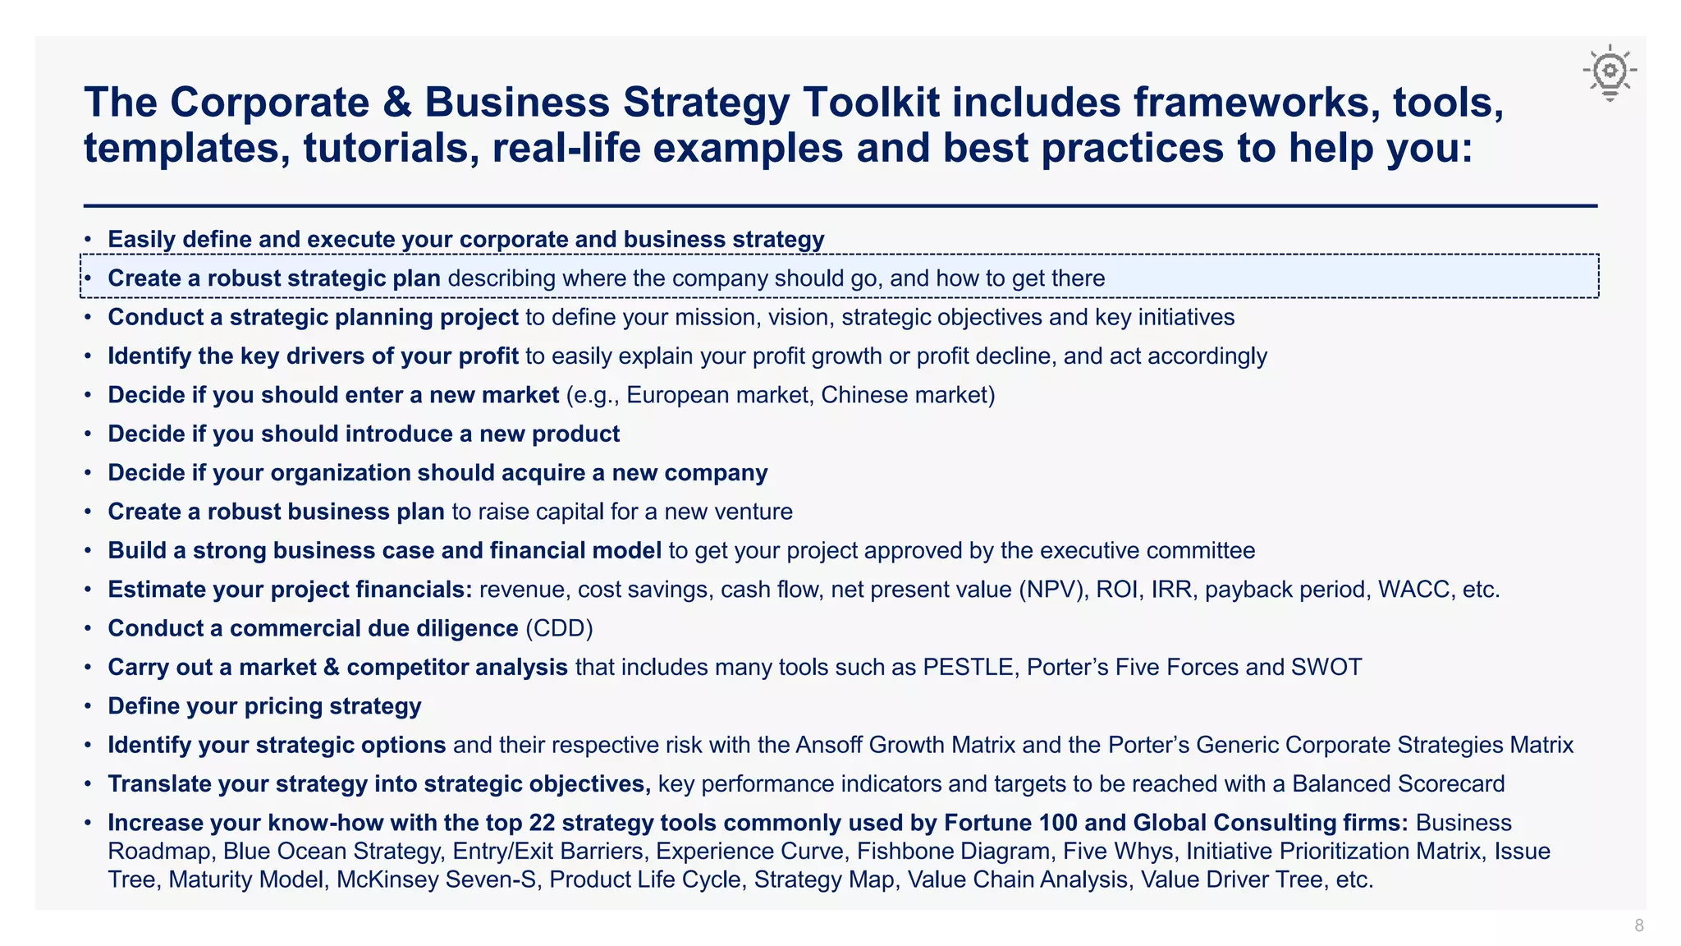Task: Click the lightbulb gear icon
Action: pyautogui.click(x=1610, y=72)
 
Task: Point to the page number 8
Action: pyautogui.click(x=1639, y=925)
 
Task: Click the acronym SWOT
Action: pyautogui.click(x=1326, y=667)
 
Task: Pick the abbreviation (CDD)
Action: pyautogui.click(x=559, y=628)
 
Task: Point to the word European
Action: pyautogui.click(x=678, y=395)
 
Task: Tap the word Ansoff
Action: pyautogui.click(x=829, y=745)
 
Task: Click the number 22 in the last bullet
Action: pyautogui.click(x=542, y=823)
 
